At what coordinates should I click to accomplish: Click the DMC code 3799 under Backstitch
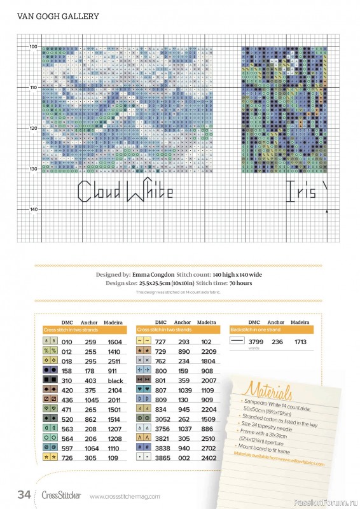point(254,342)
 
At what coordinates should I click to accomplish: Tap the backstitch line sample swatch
point(237,342)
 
